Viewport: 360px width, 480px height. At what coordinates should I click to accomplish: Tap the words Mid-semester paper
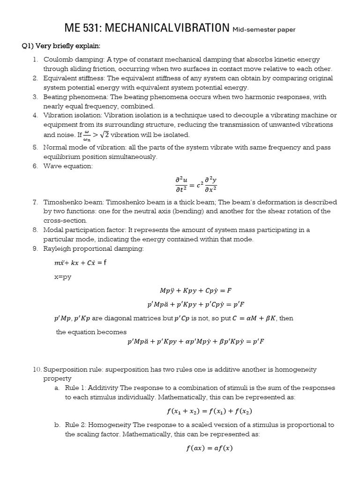coord(264,30)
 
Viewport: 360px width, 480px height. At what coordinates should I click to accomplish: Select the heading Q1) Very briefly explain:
coord(61,46)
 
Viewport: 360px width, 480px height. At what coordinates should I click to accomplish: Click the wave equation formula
coord(195,184)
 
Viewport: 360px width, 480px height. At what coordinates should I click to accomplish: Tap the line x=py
coord(63,277)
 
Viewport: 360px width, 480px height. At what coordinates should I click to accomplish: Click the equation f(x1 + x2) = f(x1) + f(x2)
coord(209,411)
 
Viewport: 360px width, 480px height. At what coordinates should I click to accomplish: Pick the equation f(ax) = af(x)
coord(209,448)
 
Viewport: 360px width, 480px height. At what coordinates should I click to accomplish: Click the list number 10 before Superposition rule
coord(37,369)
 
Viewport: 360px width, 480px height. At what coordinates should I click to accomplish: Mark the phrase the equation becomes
coord(91,332)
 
